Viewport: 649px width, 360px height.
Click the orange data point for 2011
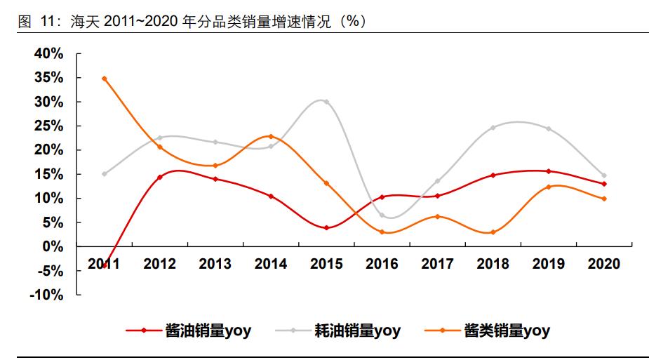point(105,79)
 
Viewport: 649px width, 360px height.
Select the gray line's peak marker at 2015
point(326,102)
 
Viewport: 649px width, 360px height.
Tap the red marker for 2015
point(326,228)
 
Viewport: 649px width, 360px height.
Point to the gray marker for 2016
point(382,215)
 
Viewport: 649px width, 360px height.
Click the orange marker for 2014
point(271,136)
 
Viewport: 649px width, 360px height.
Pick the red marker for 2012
point(160,178)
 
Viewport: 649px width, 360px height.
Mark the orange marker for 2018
point(493,232)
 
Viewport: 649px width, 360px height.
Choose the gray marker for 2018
point(493,128)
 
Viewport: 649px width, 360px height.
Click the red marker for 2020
point(604,184)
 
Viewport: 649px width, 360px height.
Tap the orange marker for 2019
point(549,187)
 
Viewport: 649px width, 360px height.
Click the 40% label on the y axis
point(50,53)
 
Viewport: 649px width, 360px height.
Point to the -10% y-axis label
point(47,295)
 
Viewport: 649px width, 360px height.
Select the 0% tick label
point(53,246)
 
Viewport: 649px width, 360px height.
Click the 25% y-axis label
point(50,126)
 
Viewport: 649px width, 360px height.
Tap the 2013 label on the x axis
point(215,264)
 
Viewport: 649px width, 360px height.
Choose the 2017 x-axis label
point(437,264)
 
